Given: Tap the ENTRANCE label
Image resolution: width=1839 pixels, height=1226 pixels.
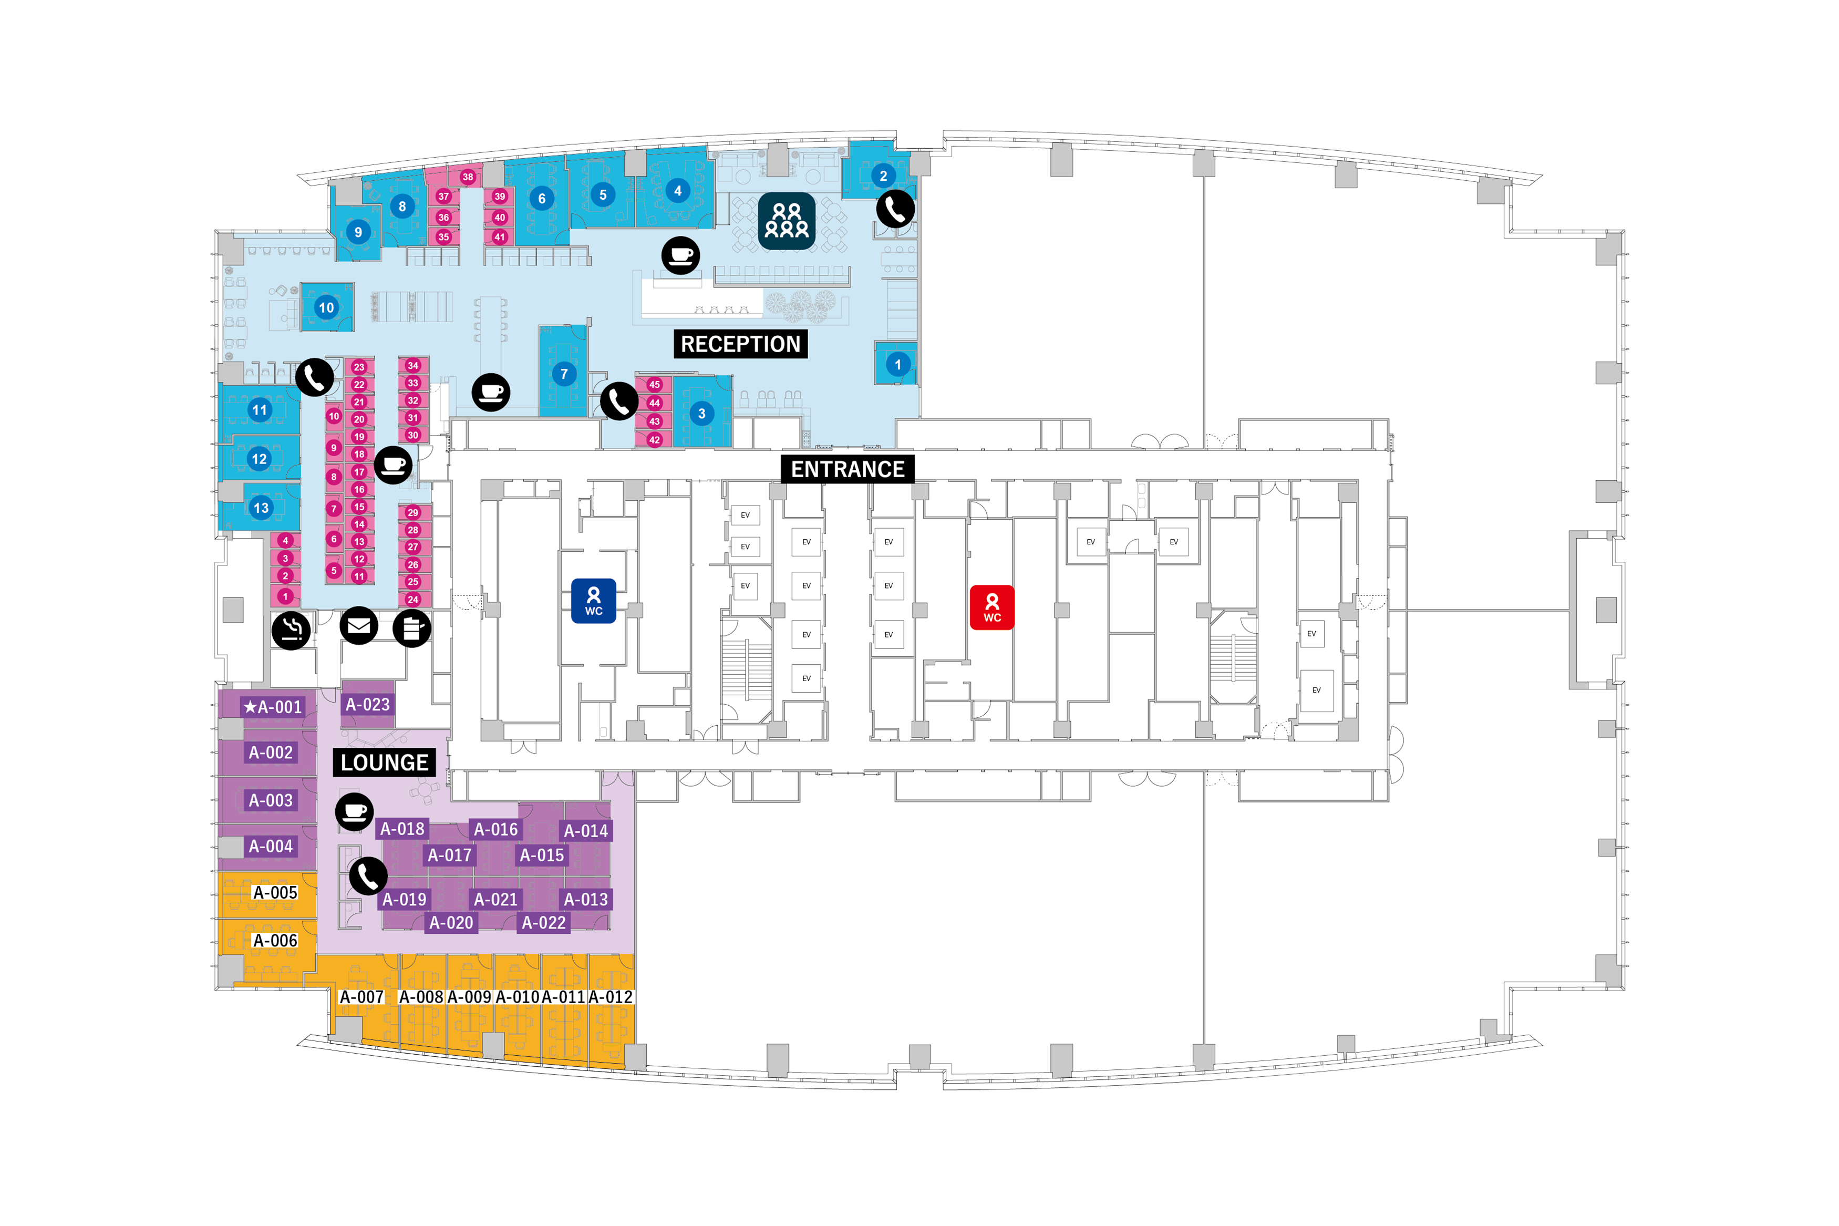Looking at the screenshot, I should point(847,469).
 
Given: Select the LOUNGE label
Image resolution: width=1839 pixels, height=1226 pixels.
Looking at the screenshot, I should point(384,763).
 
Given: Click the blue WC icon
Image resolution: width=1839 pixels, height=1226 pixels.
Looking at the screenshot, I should point(593,601).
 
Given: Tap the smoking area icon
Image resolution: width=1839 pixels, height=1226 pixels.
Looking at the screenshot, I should point(291,630).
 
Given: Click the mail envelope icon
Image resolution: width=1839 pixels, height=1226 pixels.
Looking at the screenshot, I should point(359,625).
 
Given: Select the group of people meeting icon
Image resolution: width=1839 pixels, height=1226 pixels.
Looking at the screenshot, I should point(786,221).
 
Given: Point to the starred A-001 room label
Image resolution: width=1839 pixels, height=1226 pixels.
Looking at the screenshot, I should point(272,707).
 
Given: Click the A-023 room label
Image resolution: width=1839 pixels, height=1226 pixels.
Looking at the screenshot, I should point(367,705).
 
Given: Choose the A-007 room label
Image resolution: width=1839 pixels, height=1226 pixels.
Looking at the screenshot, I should point(361,997).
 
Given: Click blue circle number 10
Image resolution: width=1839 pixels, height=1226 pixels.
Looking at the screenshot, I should point(326,308).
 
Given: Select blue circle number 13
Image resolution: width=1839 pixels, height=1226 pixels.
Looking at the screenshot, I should point(260,508).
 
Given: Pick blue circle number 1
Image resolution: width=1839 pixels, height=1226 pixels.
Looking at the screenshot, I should point(897,364).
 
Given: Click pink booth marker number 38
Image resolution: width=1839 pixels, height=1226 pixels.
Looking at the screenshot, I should point(468,177).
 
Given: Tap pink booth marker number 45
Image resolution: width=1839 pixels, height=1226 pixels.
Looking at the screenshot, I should point(654,385).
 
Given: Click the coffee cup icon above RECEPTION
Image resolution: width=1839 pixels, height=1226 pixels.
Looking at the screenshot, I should point(680,255).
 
